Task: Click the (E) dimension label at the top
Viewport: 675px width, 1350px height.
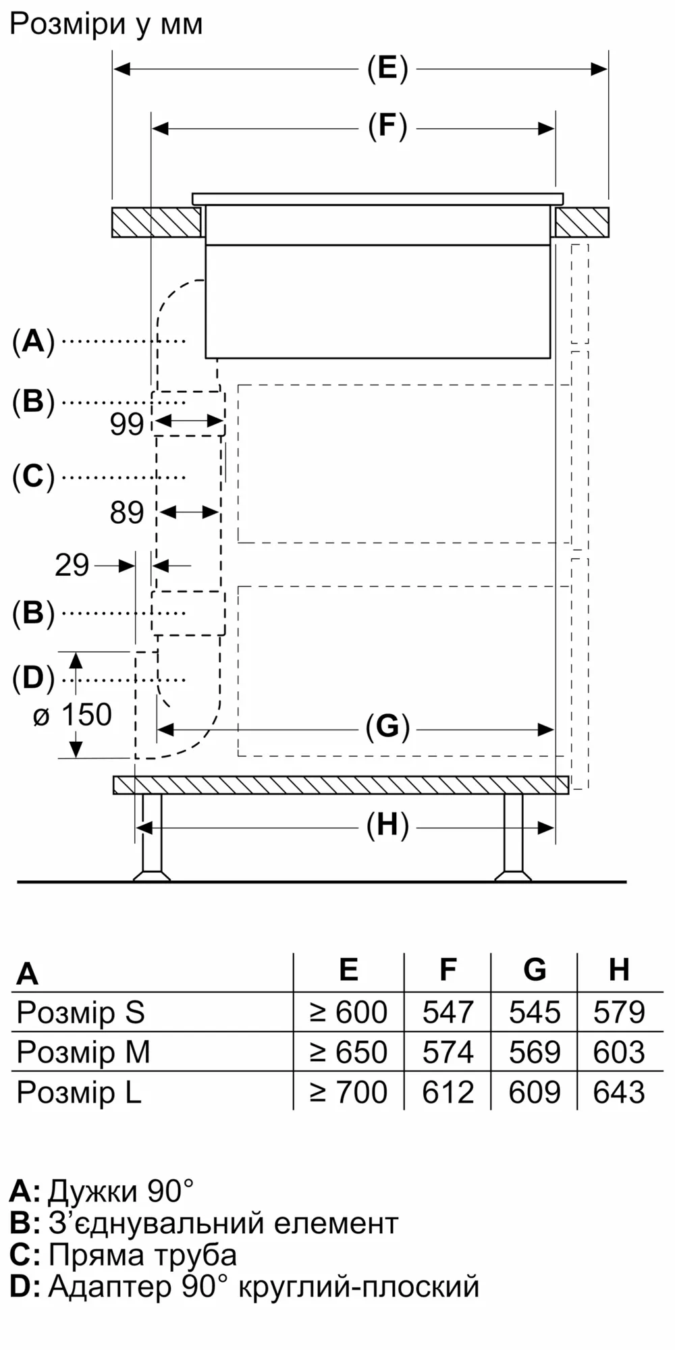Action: click(387, 69)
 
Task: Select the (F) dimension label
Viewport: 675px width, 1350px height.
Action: click(387, 127)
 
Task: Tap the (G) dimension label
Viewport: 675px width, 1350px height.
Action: click(387, 728)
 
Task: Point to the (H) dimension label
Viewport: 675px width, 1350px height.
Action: click(387, 826)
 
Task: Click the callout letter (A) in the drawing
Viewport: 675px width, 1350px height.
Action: click(32, 342)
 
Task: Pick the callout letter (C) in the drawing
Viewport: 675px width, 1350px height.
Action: click(32, 477)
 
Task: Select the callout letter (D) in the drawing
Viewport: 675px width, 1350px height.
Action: click(32, 678)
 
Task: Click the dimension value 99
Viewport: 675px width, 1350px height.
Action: click(127, 424)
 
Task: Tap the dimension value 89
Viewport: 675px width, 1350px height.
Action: click(127, 513)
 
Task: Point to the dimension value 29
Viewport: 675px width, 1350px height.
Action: click(72, 565)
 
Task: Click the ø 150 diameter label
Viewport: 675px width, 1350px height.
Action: click(73, 715)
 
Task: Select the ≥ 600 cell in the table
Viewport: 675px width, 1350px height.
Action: click(348, 1013)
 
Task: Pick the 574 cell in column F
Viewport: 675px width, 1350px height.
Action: click(448, 1052)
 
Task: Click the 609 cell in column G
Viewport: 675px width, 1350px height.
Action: click(534, 1091)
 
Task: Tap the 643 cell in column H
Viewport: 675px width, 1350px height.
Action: click(619, 1091)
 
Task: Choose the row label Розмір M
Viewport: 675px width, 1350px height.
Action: click(83, 1052)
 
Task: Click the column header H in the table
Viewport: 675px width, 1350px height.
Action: click(619, 969)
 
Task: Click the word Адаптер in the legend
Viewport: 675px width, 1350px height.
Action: click(110, 1287)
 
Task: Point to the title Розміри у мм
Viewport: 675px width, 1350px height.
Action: click(106, 24)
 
